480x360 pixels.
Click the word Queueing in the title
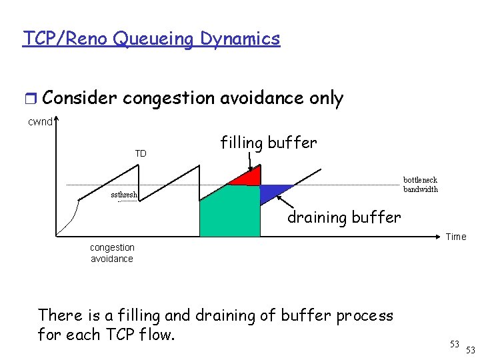coord(152,39)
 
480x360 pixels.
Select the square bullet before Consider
coord(30,99)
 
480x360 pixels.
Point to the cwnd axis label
coord(39,121)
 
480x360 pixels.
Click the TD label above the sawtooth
coord(141,154)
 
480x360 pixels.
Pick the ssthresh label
coord(124,195)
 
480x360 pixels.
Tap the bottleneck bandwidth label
coord(420,185)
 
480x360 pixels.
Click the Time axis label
coord(456,237)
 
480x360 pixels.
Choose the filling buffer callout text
coord(268,143)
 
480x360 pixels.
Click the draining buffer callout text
coord(344,217)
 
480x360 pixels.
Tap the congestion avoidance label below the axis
coord(112,253)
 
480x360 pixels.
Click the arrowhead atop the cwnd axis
coord(57,120)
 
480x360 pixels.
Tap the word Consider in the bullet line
coord(79,99)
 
